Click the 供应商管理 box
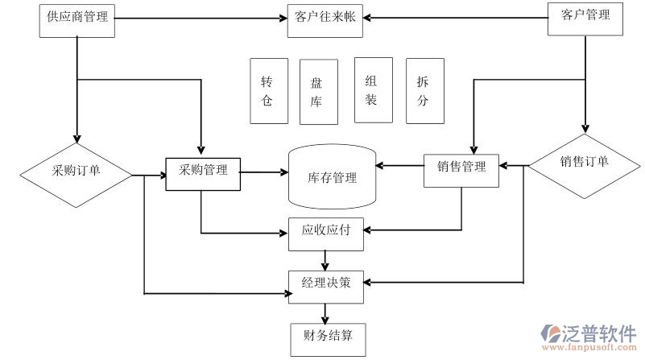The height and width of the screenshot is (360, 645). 77,20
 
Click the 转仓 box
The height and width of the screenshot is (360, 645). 268,91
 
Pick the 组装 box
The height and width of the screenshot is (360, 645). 373,90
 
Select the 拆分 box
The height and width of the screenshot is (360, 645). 424,91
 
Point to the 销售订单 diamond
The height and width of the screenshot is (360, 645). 585,161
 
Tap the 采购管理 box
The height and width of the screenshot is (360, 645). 203,171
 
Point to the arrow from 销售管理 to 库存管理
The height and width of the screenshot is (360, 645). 399,168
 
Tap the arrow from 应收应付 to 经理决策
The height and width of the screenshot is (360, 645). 325,259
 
